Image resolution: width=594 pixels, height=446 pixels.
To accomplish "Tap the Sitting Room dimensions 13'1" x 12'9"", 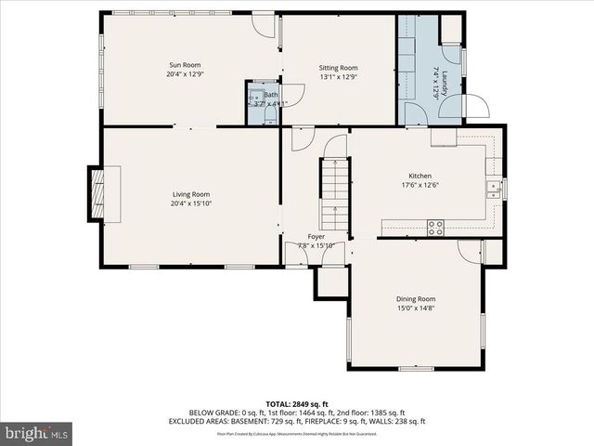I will [x=338, y=78].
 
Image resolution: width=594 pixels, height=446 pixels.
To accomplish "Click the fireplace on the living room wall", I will [x=97, y=193].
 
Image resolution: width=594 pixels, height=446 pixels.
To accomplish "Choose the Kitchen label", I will [x=420, y=176].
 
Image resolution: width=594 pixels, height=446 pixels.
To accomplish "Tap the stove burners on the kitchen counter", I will [x=434, y=227].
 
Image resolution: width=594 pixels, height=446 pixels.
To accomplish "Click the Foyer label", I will [x=316, y=237].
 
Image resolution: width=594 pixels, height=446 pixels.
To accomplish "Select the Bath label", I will [x=270, y=95].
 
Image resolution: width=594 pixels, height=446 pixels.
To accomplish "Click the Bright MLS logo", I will [x=37, y=433].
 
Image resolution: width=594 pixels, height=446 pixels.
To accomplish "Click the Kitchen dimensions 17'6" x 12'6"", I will [x=420, y=186].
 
